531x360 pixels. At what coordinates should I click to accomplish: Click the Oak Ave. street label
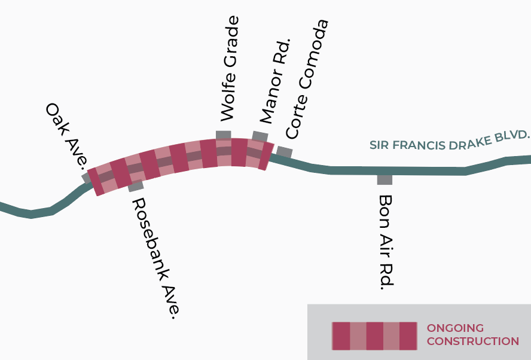(68, 135)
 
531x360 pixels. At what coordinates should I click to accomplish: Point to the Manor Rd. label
(276, 81)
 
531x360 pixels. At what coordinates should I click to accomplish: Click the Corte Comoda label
(307, 80)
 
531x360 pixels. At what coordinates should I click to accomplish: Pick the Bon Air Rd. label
(386, 242)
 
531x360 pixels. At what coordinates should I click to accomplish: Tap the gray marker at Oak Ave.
(86, 178)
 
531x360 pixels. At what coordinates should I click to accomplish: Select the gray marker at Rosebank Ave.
(136, 186)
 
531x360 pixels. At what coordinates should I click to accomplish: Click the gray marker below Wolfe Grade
(224, 135)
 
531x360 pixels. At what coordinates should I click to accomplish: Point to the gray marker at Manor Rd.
(260, 137)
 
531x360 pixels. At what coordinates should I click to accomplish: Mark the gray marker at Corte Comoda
(285, 152)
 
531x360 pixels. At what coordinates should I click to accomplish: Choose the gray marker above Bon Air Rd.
(384, 180)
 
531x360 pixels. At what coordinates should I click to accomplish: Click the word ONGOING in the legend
(455, 328)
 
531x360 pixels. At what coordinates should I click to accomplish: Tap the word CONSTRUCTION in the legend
(473, 341)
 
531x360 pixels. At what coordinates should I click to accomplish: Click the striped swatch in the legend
(374, 336)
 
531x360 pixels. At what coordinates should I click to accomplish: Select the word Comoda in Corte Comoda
(315, 54)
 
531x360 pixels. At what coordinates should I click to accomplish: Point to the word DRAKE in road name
(469, 142)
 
